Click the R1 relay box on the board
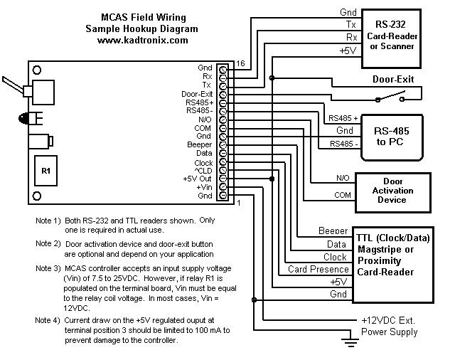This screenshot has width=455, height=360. click(x=45, y=171)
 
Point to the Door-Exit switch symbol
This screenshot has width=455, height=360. click(x=390, y=97)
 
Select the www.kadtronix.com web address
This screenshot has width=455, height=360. click(x=142, y=40)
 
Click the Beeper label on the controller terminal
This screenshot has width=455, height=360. click(x=199, y=144)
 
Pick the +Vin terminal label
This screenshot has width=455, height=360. click(x=204, y=187)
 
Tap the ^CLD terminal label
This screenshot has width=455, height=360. click(x=203, y=171)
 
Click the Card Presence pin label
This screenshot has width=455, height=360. click(x=318, y=269)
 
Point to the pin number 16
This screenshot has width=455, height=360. click(x=240, y=63)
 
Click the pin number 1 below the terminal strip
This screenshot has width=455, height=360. click(x=239, y=203)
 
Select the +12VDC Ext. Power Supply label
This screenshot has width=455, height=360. click(x=389, y=326)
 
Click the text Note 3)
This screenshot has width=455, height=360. click(x=48, y=268)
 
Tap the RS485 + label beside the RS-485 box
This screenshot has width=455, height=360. click(x=343, y=118)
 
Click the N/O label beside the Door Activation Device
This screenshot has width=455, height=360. click(x=343, y=178)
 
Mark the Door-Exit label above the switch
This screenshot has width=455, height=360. click(x=393, y=79)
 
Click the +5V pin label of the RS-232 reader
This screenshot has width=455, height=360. click(x=348, y=51)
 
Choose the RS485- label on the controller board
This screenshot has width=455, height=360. click(x=199, y=110)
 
